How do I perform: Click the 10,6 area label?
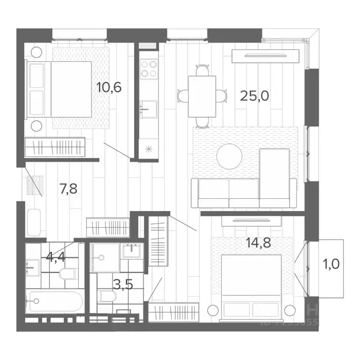pyautogui.click(x=109, y=87)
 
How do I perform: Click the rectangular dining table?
pyautogui.click(x=202, y=96)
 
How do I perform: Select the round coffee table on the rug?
pyautogui.click(x=230, y=156)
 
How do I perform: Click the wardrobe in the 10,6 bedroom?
pyautogui.click(x=55, y=147)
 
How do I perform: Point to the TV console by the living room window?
pyautogui.click(x=265, y=56)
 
